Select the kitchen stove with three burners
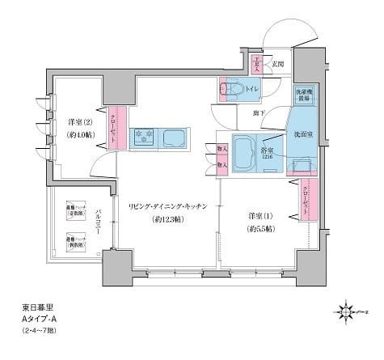tap(142, 135)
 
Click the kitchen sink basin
tap(175, 137)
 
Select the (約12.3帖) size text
tap(165, 220)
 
